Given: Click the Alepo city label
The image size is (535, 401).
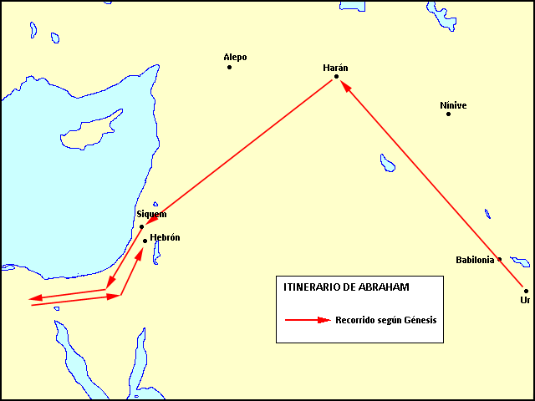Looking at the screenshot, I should (x=235, y=57).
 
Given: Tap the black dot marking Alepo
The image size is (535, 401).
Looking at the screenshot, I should (x=229, y=67).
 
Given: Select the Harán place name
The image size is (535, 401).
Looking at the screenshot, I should (x=335, y=67).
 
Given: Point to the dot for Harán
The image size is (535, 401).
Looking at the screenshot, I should (x=336, y=77).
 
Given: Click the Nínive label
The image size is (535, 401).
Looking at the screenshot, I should (x=453, y=105).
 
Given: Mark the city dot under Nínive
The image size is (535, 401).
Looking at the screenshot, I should (x=448, y=114).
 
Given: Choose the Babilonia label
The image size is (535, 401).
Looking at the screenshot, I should (x=476, y=260).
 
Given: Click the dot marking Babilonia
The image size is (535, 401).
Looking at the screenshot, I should (x=500, y=259).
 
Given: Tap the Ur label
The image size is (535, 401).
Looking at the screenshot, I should (x=525, y=299).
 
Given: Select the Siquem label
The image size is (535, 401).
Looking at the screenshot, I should (x=151, y=214).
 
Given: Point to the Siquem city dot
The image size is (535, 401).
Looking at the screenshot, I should (x=141, y=226).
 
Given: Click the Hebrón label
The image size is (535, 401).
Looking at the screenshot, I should (x=165, y=238).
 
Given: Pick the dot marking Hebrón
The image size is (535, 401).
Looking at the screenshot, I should (x=145, y=241).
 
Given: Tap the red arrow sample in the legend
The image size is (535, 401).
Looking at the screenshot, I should (x=308, y=320).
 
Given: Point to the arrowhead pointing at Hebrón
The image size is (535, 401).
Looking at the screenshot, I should (x=139, y=252).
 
